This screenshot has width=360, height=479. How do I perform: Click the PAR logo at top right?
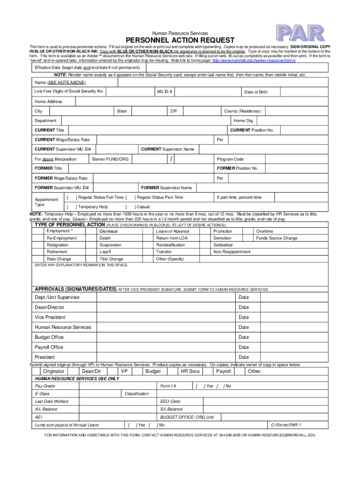click(x=300, y=33)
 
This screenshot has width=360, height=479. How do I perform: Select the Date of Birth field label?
click(x=256, y=92)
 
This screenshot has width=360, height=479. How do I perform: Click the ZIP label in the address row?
click(x=173, y=111)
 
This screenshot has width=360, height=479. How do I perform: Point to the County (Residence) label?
click(x=242, y=111)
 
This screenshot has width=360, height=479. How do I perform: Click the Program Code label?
click(x=230, y=159)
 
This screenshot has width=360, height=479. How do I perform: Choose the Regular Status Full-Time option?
click(x=100, y=197)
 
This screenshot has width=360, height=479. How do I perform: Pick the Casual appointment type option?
click(x=142, y=206)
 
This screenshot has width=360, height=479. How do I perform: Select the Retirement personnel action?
click(x=57, y=252)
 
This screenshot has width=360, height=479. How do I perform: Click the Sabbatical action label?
click(x=223, y=245)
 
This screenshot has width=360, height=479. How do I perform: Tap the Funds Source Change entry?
click(x=276, y=238)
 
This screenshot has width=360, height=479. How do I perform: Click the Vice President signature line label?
click(x=50, y=317)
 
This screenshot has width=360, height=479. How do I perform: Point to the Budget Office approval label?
click(x=49, y=337)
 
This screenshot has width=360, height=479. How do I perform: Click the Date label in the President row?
click(x=244, y=357)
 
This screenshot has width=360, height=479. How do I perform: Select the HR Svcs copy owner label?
click(x=190, y=371)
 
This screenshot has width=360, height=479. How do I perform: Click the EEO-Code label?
click(x=170, y=401)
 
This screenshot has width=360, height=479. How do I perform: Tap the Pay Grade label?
click(x=45, y=386)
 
